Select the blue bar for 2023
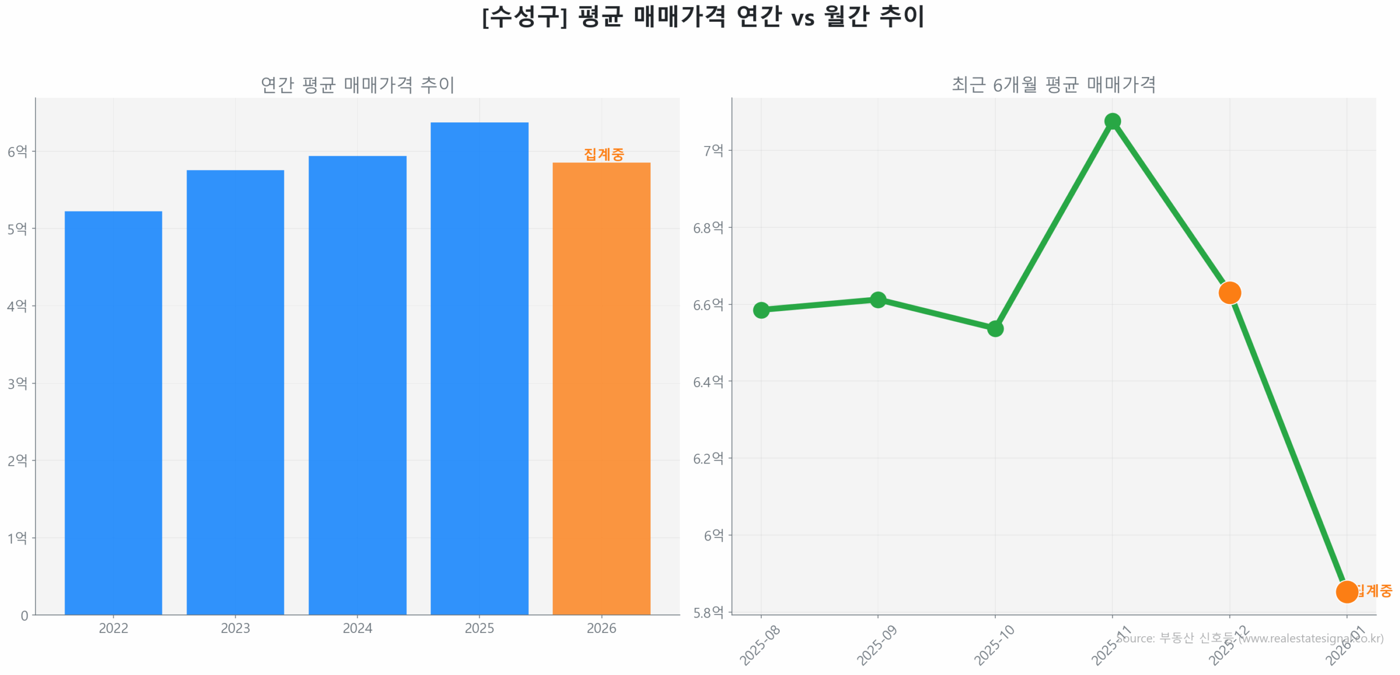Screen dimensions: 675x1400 235,392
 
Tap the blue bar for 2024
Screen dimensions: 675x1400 357,385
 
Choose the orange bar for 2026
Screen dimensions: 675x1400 601,388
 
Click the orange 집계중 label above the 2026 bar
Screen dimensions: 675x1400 603,154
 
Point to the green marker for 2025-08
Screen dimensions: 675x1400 761,310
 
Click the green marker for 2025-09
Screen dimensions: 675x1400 877,300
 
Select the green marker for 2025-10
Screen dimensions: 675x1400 995,328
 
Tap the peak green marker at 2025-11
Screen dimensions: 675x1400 1112,121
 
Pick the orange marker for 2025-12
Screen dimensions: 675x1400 1229,292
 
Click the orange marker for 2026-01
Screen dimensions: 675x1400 1346,591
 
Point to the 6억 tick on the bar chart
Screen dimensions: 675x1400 17,151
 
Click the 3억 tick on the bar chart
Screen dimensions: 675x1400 17,383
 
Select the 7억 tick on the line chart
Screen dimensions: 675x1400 713,150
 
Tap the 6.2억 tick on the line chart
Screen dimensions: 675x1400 708,458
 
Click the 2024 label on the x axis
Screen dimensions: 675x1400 357,628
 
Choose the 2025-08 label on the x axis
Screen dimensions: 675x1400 760,645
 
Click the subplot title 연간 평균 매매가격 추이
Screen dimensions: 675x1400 357,85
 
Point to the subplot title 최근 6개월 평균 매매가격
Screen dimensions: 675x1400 1053,85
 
